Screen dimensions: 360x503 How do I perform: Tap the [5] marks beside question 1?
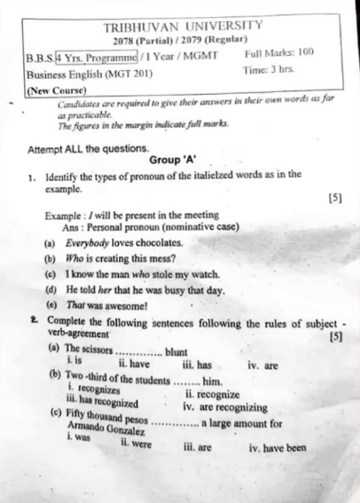334,197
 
